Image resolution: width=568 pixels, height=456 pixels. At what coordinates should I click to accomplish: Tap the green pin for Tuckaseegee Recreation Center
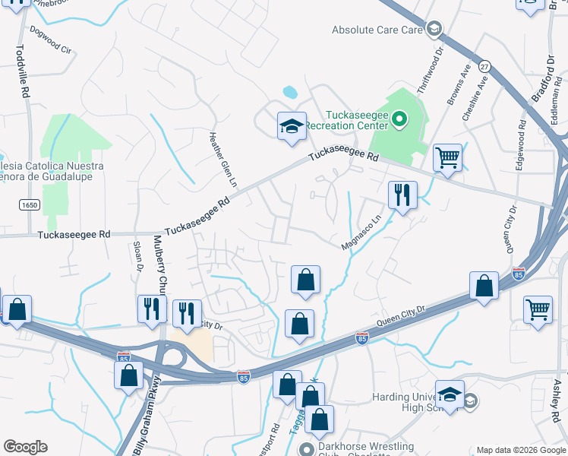coord(401,119)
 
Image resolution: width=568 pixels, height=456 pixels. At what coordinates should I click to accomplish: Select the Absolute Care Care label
coord(377,30)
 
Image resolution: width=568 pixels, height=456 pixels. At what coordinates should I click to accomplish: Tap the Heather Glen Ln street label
coord(223,159)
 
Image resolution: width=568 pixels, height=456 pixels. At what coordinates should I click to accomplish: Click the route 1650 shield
coord(30,205)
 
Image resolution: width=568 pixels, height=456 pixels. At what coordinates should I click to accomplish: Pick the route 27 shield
coord(485,66)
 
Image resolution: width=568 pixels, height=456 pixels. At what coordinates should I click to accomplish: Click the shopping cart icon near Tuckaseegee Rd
coord(447,159)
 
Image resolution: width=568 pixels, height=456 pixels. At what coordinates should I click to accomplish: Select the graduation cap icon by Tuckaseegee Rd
coord(291,126)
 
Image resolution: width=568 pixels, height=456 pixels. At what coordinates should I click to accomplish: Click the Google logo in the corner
coord(24,447)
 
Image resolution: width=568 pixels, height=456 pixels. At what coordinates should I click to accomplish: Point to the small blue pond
coord(290,93)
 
